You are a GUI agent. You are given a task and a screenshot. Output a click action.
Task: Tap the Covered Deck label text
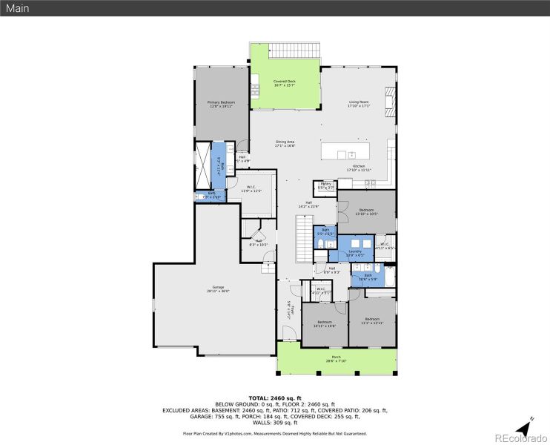284,83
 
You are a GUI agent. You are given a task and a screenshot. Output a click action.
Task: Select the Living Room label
359,103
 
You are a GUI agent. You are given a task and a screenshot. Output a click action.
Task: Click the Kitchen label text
359,167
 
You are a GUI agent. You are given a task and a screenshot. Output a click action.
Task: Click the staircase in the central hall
304,237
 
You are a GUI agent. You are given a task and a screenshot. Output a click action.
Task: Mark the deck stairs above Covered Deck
294,51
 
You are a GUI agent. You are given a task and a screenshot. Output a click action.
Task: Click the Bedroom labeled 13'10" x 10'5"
366,212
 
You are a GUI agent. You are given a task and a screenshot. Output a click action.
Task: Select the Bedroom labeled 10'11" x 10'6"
324,323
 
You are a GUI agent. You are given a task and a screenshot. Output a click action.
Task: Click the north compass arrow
529,424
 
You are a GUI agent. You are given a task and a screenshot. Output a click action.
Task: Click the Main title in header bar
18,8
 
